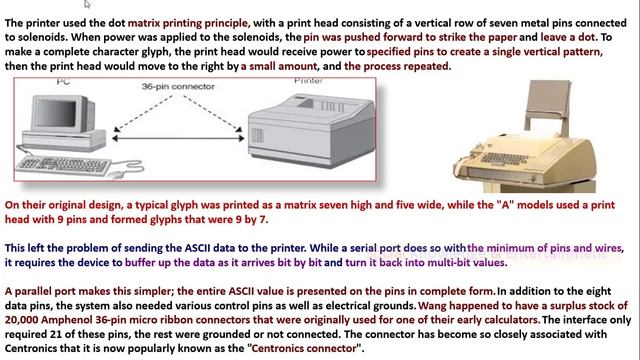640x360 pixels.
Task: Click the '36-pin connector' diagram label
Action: pyautogui.click(x=178, y=87)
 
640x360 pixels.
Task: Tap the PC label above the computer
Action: pyautogui.click(x=63, y=82)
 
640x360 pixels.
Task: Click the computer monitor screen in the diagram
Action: pyautogui.click(x=57, y=112)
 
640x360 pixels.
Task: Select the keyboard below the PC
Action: pyautogui.click(x=63, y=166)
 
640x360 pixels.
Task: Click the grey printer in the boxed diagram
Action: pyautogui.click(x=311, y=130)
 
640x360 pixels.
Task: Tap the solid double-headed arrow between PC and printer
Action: pyautogui.click(x=178, y=138)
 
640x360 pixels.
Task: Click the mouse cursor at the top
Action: pyautogui.click(x=87, y=4)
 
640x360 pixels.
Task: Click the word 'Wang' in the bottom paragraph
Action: pyautogui.click(x=432, y=306)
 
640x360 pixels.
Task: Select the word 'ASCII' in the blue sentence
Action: pyautogui.click(x=198, y=248)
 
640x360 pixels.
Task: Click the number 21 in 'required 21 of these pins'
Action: pyautogui.click(x=56, y=334)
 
